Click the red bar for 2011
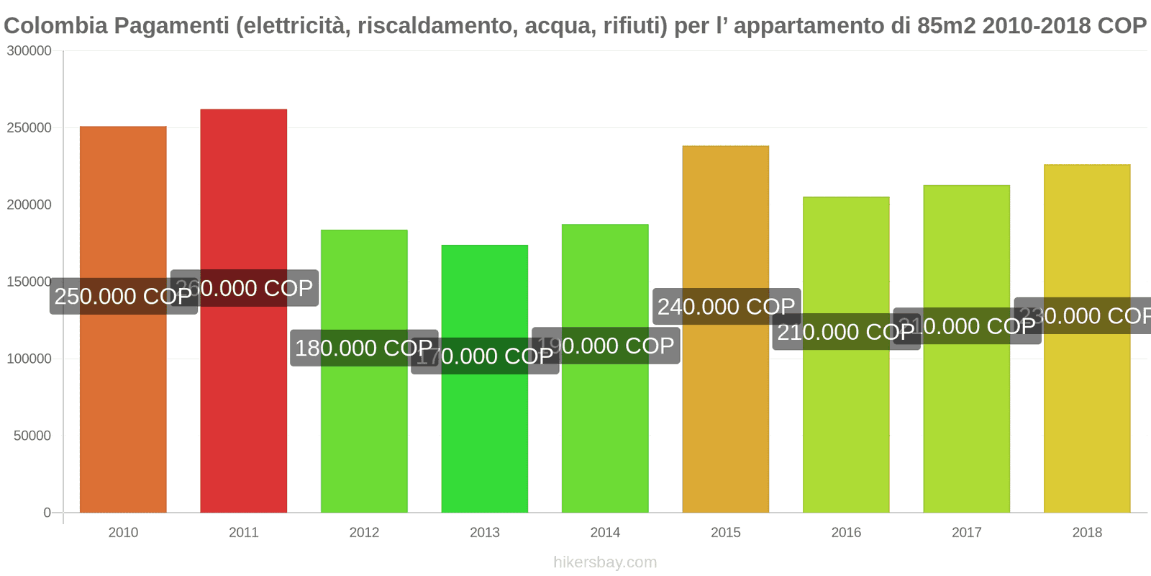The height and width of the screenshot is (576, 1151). click(x=243, y=403)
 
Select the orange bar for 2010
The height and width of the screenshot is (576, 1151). click(x=123, y=403)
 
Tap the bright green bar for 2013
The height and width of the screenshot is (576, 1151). click(x=484, y=432)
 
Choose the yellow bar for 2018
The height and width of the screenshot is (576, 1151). click(x=1086, y=418)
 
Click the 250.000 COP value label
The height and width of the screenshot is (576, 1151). click(x=123, y=296)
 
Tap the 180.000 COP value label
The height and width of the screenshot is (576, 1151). click(x=363, y=348)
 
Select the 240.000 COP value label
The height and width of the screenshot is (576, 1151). click(x=726, y=306)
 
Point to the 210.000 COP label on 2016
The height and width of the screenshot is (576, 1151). click(x=845, y=332)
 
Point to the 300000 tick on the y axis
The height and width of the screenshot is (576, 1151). click(x=29, y=51)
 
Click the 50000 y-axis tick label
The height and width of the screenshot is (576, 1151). click(x=32, y=436)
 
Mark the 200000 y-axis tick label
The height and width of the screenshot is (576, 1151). click(x=29, y=204)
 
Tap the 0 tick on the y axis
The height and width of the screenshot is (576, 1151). click(x=47, y=513)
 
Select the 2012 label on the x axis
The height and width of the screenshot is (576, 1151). click(x=364, y=532)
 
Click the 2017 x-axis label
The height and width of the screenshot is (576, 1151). click(x=966, y=532)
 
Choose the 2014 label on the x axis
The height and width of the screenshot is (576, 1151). click(x=605, y=532)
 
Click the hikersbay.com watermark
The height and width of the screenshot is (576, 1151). click(x=605, y=562)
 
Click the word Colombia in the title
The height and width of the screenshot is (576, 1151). click(x=55, y=26)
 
